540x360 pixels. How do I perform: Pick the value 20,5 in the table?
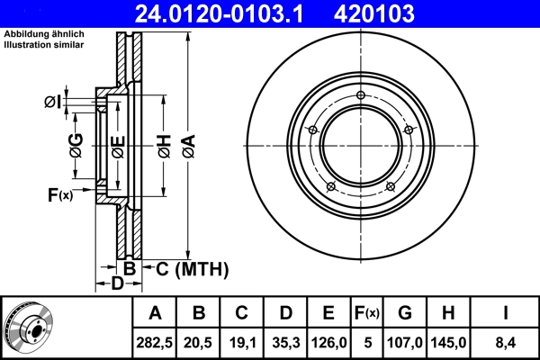[x=199, y=341]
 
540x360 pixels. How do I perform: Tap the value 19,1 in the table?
[x=242, y=341]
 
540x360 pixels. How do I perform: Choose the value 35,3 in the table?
[x=285, y=341]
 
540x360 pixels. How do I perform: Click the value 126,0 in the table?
[x=328, y=341]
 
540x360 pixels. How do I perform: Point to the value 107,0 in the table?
[x=405, y=341]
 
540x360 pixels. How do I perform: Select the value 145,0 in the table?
[x=448, y=341]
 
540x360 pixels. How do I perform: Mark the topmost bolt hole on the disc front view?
[x=360, y=96]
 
